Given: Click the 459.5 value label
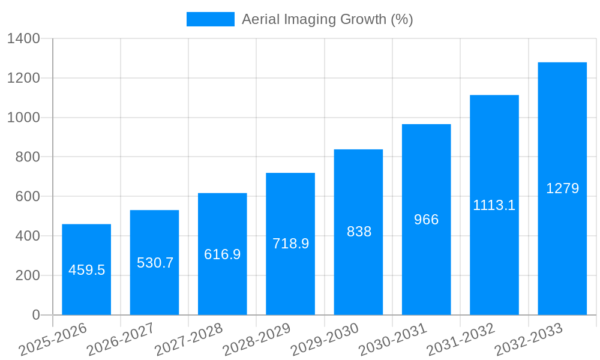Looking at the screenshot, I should [86, 270].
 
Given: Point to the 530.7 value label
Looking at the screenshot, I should [155, 263].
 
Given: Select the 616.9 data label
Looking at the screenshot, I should [222, 254].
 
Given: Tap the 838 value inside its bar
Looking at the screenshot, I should [359, 232].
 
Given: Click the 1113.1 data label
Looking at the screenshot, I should [494, 205].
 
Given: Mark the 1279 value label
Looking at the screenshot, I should [562, 188].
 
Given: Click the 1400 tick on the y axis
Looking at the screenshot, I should [23, 39].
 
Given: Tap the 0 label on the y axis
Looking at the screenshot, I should [35, 315].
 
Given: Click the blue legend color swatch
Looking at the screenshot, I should [210, 19].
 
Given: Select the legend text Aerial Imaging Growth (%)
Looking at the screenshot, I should [327, 19].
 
